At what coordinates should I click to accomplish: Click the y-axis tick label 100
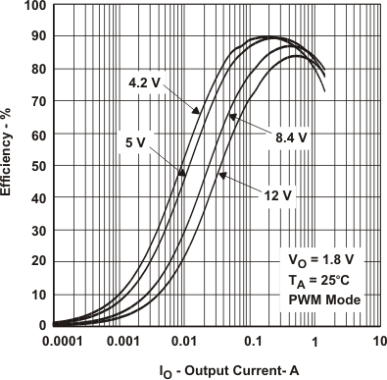point(33,6)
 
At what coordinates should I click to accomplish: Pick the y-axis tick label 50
point(37,166)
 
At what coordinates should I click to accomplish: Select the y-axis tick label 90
point(37,38)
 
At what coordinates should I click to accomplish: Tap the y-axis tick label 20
point(37,262)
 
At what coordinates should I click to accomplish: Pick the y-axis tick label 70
point(37,102)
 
